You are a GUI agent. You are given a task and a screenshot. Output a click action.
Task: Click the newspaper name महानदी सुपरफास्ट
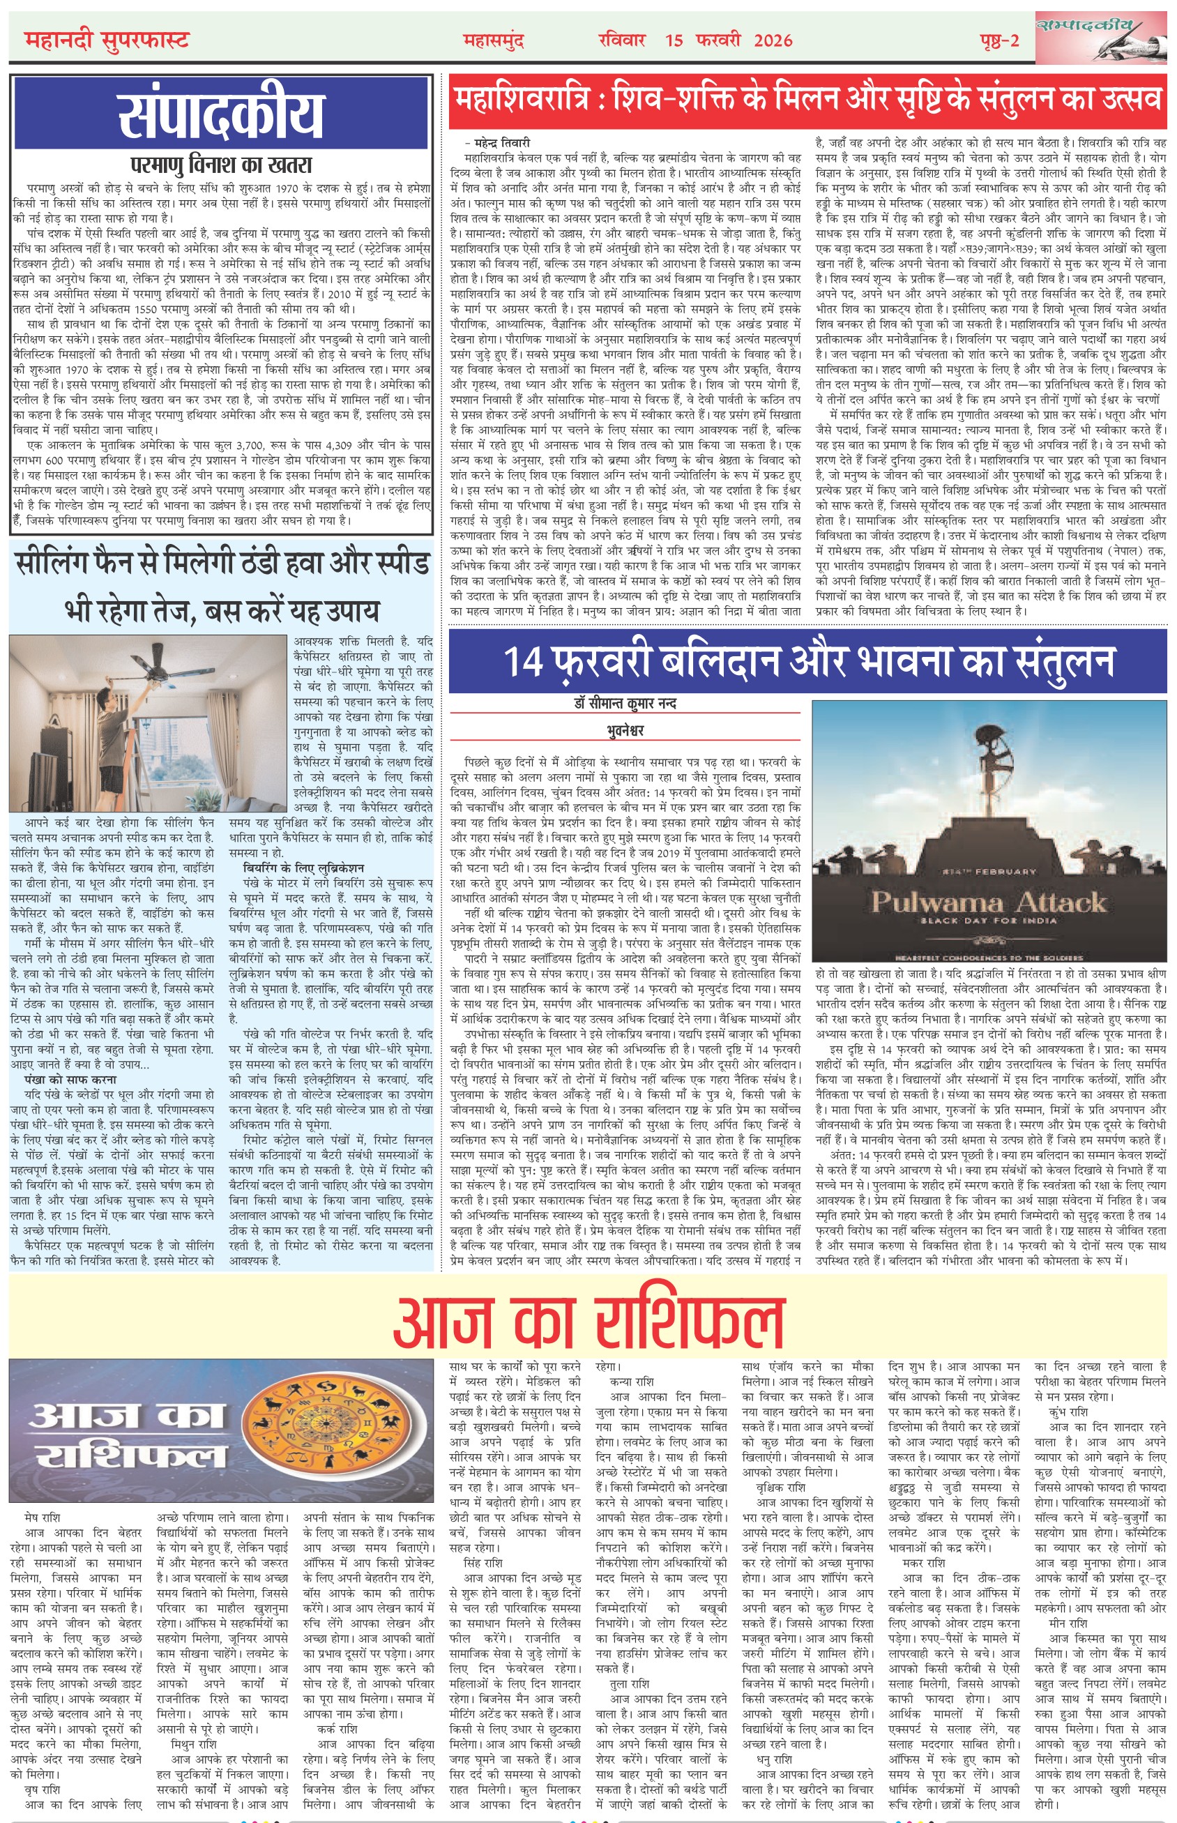click(x=106, y=40)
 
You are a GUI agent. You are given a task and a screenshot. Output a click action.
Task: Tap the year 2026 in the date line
click(x=773, y=40)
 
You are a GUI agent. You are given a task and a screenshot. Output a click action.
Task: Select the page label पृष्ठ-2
click(x=1000, y=41)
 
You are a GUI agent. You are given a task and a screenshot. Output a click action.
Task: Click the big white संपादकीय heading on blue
click(x=221, y=114)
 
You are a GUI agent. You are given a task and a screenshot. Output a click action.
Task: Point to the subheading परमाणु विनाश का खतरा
click(x=221, y=165)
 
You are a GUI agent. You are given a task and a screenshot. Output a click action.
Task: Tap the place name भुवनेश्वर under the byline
click(x=625, y=731)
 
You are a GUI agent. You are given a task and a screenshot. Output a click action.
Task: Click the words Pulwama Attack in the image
click(x=989, y=902)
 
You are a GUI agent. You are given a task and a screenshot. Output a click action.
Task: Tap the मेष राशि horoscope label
click(x=42, y=1518)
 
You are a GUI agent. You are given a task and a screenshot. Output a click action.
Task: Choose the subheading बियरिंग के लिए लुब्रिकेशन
click(x=303, y=868)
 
